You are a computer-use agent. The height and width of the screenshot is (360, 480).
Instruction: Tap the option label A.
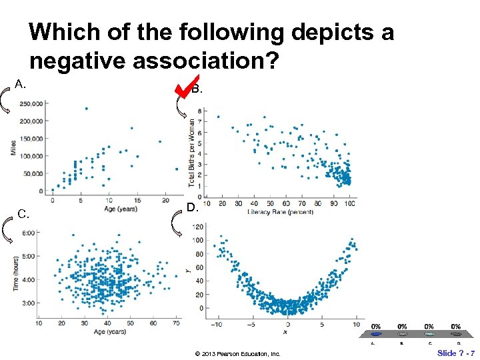click(21, 84)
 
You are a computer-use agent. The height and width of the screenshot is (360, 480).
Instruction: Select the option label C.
click(23, 214)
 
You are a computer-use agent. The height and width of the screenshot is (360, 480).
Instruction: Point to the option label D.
click(192, 208)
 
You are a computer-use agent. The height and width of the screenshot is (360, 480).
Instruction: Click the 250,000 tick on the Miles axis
click(32, 103)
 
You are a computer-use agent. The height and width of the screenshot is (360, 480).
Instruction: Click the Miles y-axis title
click(13, 147)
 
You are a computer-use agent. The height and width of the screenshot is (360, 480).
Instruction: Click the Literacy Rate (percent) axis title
click(281, 212)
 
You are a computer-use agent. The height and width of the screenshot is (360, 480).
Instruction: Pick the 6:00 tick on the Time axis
click(28, 233)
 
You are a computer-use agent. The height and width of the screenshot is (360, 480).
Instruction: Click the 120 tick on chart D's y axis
click(197, 227)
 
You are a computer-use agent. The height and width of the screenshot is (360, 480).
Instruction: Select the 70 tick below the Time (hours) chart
click(176, 323)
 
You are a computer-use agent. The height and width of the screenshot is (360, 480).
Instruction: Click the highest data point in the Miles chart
click(86, 109)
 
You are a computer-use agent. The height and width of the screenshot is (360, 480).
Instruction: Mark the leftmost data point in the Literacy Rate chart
click(218, 117)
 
